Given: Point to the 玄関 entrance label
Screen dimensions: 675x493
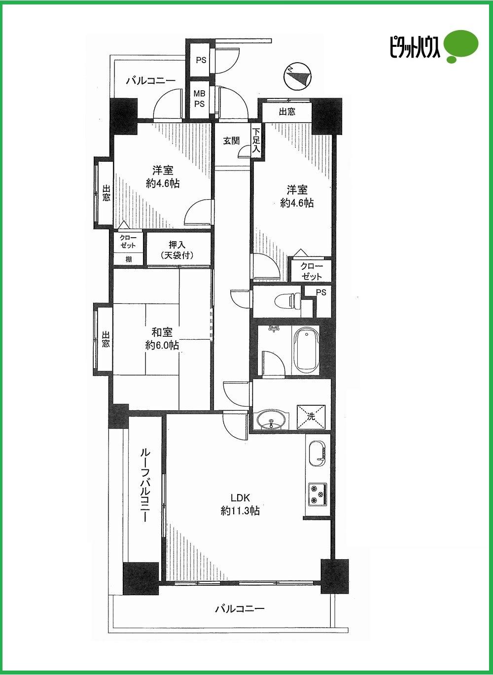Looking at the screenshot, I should pyautogui.click(x=231, y=141).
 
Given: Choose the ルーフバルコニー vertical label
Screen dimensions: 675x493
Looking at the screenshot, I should pyautogui.click(x=144, y=486).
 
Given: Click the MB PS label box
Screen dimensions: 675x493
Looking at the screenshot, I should pyautogui.click(x=199, y=99).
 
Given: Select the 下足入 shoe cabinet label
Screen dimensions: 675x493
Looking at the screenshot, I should pyautogui.click(x=256, y=141).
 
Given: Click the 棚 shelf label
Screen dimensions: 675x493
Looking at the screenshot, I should pyautogui.click(x=128, y=259).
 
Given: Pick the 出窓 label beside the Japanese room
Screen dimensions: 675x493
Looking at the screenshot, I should pyautogui.click(x=105, y=341).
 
